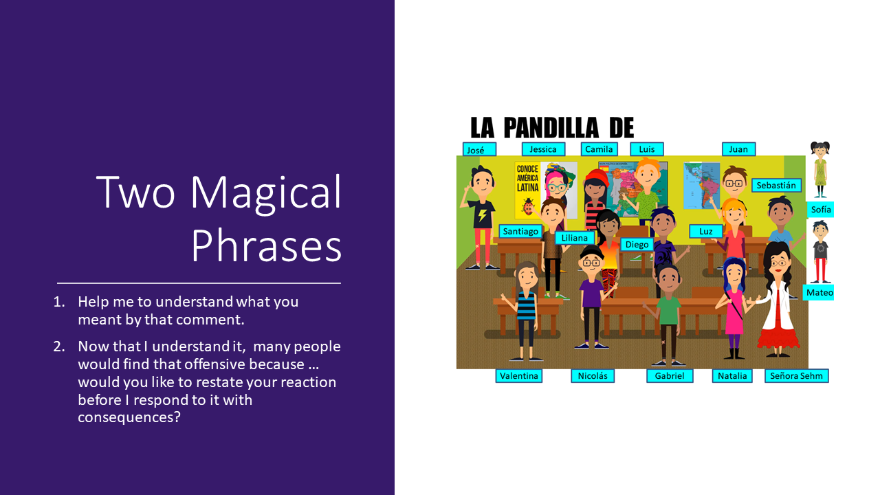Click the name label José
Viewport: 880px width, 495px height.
(x=479, y=150)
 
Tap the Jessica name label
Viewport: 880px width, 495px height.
(x=543, y=149)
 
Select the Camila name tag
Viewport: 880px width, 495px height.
(x=599, y=149)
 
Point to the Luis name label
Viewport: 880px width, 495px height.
(x=647, y=149)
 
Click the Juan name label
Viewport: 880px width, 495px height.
(x=738, y=149)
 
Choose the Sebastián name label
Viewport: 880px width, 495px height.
(x=776, y=186)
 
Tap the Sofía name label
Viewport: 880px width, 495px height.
(x=820, y=210)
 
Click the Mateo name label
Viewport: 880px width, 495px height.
(x=819, y=293)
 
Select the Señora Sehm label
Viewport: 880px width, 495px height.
(x=796, y=376)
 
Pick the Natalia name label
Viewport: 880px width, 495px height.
(x=732, y=376)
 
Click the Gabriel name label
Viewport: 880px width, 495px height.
(x=670, y=376)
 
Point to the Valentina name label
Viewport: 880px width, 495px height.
(x=519, y=376)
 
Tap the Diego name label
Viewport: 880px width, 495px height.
(x=637, y=245)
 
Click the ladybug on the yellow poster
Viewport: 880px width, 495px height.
(x=527, y=207)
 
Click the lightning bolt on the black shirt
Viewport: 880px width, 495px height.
(x=483, y=215)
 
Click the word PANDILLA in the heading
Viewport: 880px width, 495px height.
(x=551, y=128)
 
